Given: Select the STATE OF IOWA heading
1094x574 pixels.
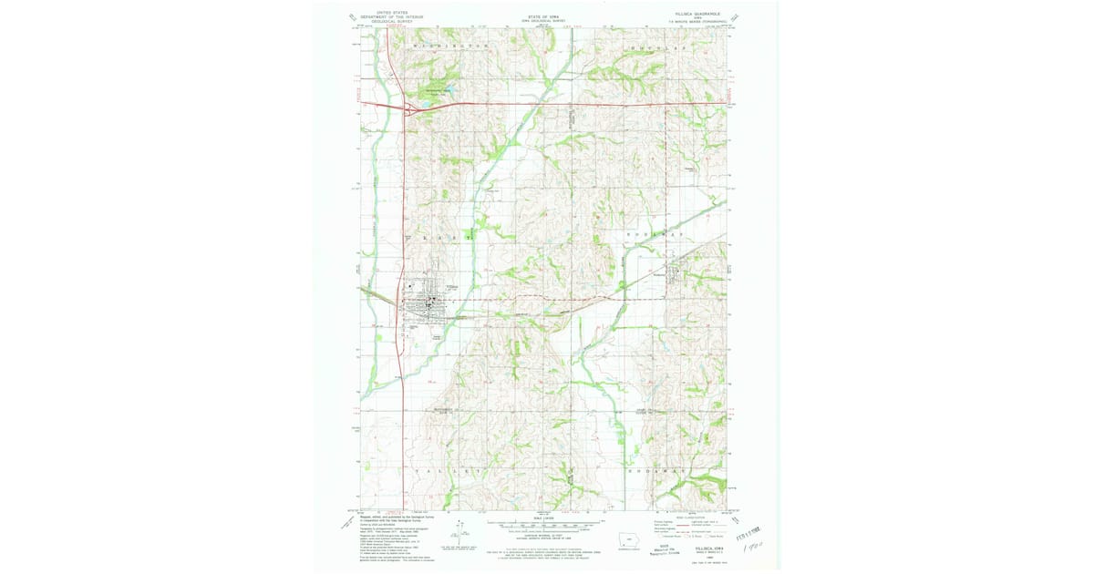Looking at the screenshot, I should [x=544, y=15].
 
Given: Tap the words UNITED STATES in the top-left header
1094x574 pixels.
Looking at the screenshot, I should [x=380, y=13].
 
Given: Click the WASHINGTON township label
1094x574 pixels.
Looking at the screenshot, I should [x=451, y=45].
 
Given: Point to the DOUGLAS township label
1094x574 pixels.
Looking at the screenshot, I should [x=655, y=45].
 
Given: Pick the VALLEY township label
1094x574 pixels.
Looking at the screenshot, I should [x=450, y=472].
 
